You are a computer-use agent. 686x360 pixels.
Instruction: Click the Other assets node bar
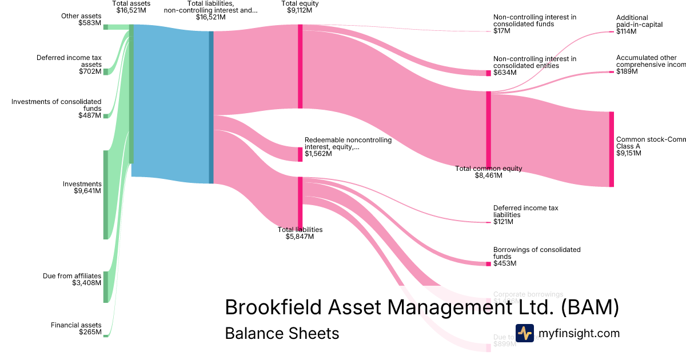tap(105, 27)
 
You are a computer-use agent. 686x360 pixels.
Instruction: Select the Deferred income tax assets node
tap(105, 71)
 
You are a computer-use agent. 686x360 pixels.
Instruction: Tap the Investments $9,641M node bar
tap(105, 194)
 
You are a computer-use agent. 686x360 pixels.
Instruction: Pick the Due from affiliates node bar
tap(105, 287)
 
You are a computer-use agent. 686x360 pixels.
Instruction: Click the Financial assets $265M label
tap(76, 329)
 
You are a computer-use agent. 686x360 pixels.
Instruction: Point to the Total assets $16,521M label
tap(131, 7)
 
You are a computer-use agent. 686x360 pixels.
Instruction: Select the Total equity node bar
tap(300, 66)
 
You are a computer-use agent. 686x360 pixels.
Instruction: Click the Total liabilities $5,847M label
tap(300, 233)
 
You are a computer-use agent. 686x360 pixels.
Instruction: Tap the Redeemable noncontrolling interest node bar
tap(300, 154)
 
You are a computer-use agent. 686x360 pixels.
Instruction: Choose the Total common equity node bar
tap(488, 129)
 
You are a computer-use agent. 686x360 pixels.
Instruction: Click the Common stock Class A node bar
tap(611, 149)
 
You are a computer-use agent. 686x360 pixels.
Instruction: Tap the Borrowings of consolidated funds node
tap(488, 263)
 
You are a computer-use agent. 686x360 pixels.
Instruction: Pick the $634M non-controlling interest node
tap(488, 73)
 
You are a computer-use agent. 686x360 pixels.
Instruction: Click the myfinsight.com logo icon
tap(524, 333)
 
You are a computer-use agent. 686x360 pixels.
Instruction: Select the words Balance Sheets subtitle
tap(282, 333)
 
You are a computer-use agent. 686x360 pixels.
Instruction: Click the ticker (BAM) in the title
tap(589, 307)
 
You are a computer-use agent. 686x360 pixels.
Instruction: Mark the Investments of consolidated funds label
tap(56, 109)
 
